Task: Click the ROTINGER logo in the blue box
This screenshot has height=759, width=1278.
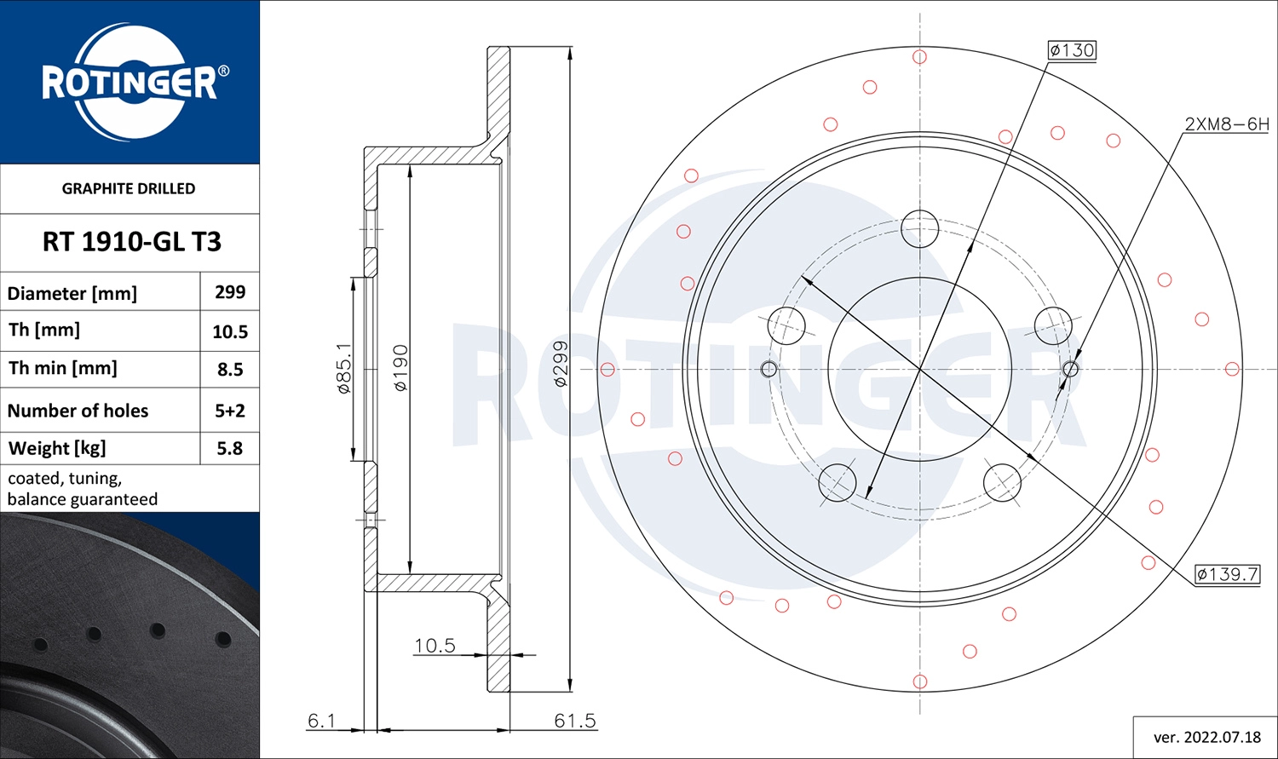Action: point(130,83)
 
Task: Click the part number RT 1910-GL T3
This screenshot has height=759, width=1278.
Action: point(131,242)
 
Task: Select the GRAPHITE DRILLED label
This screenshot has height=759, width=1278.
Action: point(129,188)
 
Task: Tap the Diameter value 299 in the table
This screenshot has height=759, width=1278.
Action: point(230,292)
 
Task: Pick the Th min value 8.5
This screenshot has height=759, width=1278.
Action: point(230,370)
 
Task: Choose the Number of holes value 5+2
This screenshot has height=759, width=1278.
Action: point(230,411)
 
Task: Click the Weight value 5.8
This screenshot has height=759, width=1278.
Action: point(230,448)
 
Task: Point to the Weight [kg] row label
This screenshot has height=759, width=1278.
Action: point(57,448)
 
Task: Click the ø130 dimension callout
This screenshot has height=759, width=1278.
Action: point(1072,50)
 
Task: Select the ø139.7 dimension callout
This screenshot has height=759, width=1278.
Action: point(1227,574)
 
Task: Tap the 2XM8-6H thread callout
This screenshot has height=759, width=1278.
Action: point(1226,124)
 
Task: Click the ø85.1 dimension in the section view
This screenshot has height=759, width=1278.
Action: point(344,368)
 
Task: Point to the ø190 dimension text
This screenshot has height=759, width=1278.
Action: point(400,368)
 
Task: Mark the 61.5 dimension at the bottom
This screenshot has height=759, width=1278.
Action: point(575,721)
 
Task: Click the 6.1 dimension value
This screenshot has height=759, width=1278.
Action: point(321,721)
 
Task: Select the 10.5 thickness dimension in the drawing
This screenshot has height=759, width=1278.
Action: point(435,646)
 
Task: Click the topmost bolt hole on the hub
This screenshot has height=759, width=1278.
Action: point(919,228)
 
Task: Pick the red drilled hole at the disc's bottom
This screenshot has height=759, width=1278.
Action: point(919,681)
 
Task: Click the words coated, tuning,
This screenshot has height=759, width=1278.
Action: point(65,479)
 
